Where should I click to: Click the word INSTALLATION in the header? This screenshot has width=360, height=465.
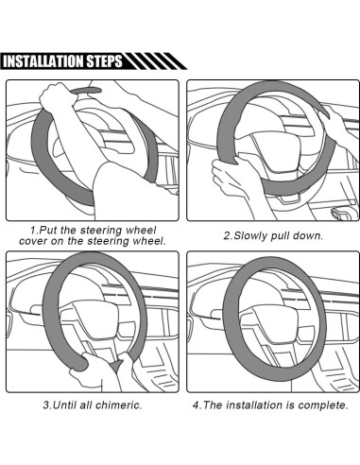pyautogui.click(x=43, y=61)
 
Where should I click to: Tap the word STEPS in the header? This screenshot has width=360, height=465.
pyautogui.click(x=105, y=61)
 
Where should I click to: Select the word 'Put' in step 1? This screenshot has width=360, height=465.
pyautogui.click(x=48, y=230)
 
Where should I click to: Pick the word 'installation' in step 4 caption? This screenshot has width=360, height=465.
pyautogui.click(x=254, y=405)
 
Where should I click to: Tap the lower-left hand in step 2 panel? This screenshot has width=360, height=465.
pyautogui.click(x=230, y=177)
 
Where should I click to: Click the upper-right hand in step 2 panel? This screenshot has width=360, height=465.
pyautogui.click(x=333, y=121)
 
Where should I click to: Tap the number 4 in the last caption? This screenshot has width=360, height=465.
pyautogui.click(x=196, y=405)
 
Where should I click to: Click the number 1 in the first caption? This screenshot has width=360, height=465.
pyautogui.click(x=33, y=231)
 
